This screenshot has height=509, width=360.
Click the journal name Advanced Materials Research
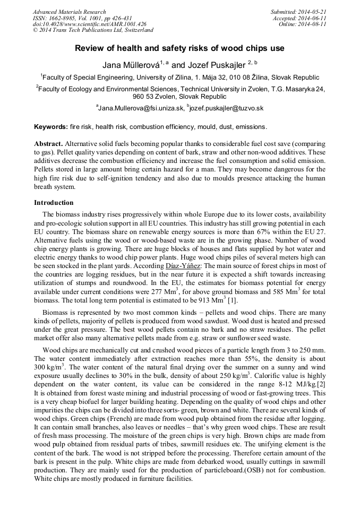(x=69, y=12)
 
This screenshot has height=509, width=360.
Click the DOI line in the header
(x=89, y=24)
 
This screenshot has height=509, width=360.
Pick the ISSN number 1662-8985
(x=67, y=18)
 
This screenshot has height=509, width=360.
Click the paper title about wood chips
(x=179, y=48)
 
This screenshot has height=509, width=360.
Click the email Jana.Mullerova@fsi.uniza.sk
(x=141, y=108)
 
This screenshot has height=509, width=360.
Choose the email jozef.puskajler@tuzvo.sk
(x=228, y=108)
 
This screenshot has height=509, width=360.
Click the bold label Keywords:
(x=51, y=127)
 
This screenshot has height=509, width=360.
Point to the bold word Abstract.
(x=49, y=144)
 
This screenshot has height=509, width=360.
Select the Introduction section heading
(x=54, y=203)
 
